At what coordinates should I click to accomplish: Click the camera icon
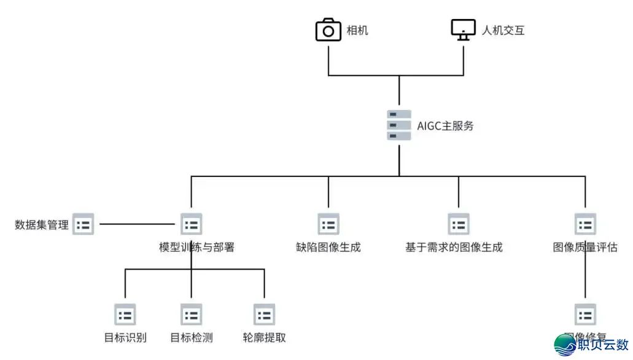328,30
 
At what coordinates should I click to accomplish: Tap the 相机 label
357,30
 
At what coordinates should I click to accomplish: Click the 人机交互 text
503,30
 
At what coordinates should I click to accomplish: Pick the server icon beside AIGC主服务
399,125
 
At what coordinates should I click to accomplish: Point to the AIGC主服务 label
445,126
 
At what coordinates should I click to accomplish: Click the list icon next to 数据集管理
83,224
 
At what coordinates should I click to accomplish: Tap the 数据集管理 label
42,225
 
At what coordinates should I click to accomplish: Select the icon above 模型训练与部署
191,224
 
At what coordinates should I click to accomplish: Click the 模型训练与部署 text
196,248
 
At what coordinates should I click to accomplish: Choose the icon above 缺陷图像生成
328,224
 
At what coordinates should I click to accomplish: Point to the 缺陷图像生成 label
328,248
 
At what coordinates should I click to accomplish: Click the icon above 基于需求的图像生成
458,224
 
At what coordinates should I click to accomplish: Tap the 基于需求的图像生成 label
454,248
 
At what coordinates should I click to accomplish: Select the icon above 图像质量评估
585,224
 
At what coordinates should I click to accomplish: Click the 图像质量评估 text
585,248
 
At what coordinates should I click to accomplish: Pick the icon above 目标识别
125,315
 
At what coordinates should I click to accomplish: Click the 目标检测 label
191,337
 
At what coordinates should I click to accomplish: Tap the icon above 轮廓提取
264,315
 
